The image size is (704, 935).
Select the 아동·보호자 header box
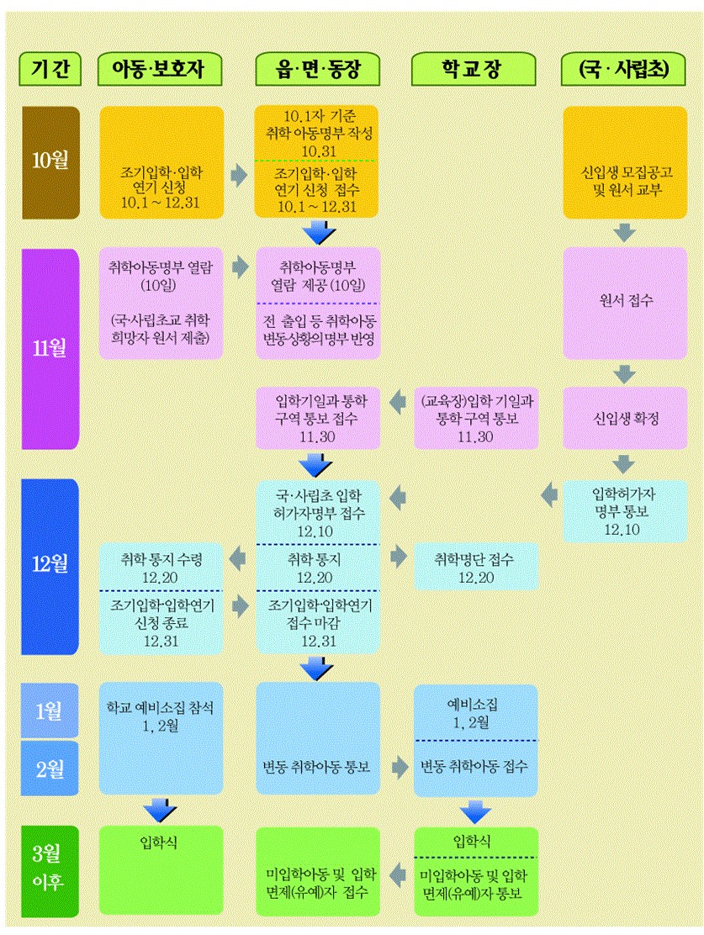[x=161, y=71]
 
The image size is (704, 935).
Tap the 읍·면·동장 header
[x=317, y=71]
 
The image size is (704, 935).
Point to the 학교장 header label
[x=474, y=71]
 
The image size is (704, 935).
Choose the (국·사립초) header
[x=624, y=71]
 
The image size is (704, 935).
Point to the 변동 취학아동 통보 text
[x=317, y=767]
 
